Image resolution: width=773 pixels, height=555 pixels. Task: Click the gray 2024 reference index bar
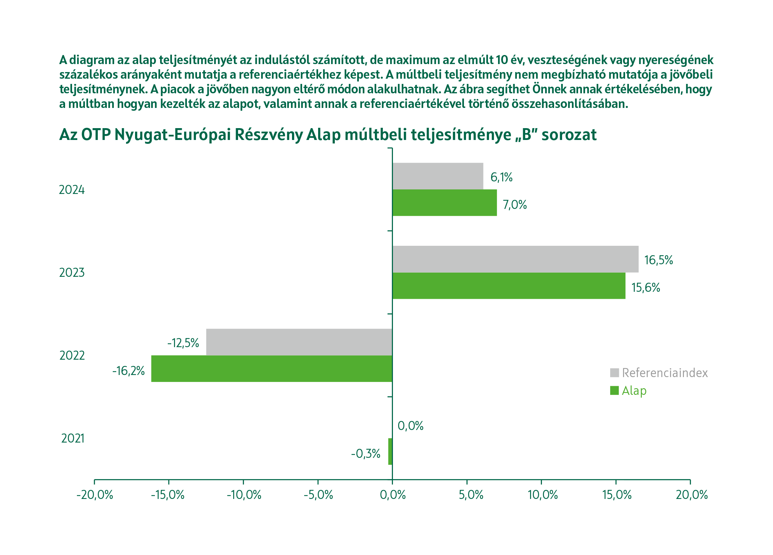(437, 176)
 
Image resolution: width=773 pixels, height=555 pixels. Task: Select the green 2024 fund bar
(444, 203)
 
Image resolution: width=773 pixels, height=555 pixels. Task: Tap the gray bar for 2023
(515, 259)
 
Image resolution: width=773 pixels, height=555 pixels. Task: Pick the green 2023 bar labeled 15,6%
(508, 286)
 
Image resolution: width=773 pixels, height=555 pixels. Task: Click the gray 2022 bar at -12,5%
(299, 342)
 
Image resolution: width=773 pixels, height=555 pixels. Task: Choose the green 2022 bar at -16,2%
(271, 368)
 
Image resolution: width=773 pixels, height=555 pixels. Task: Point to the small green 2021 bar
(390, 451)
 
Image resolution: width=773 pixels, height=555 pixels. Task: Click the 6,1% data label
(501, 177)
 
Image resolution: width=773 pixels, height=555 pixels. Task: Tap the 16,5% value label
(658, 260)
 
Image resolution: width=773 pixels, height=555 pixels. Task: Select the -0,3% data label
(365, 454)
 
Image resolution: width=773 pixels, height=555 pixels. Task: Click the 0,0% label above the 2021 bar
(410, 426)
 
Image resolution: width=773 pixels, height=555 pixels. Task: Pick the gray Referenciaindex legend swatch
(614, 373)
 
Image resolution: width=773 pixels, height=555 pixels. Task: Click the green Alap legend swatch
(614, 391)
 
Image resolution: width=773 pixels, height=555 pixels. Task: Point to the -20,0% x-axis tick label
(95, 495)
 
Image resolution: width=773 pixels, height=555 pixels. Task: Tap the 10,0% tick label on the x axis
(542, 495)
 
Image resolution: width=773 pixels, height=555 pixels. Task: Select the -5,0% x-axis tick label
(318, 495)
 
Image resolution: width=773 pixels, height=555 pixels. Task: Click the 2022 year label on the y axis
(72, 355)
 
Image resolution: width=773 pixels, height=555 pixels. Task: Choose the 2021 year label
(73, 438)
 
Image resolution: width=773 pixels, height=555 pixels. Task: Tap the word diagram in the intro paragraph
(92, 60)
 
